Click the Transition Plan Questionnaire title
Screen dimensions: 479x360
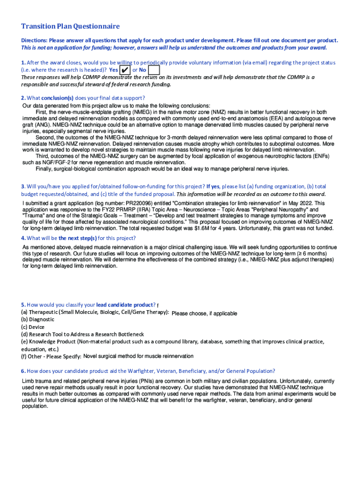(x=70, y=26)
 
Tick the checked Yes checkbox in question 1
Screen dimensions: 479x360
(x=125, y=70)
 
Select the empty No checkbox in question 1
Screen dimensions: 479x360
(x=154, y=70)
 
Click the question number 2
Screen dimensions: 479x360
(x=23, y=98)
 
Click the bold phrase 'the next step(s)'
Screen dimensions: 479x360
(x=78, y=238)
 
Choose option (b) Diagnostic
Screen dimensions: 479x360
(x=37, y=319)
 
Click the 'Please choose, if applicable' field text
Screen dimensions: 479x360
(x=204, y=313)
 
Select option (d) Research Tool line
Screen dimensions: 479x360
(x=82, y=334)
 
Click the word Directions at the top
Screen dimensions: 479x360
(x=36, y=40)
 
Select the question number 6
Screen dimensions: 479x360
(x=23, y=371)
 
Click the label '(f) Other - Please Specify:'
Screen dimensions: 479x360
(x=51, y=357)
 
